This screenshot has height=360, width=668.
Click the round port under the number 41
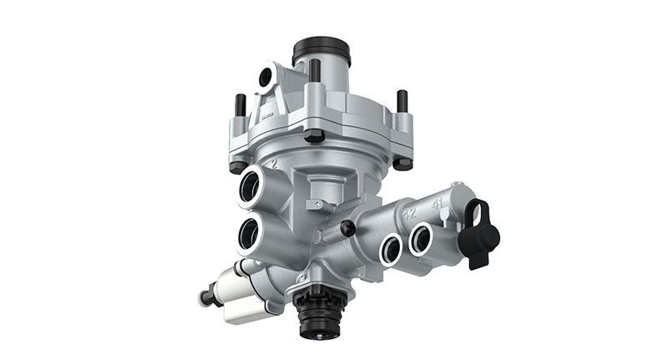tap(420, 238)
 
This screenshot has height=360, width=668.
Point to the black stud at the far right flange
tap(402, 102)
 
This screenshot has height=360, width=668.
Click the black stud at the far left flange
tap(240, 106)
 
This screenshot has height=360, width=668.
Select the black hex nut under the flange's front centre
tap(314, 135)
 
